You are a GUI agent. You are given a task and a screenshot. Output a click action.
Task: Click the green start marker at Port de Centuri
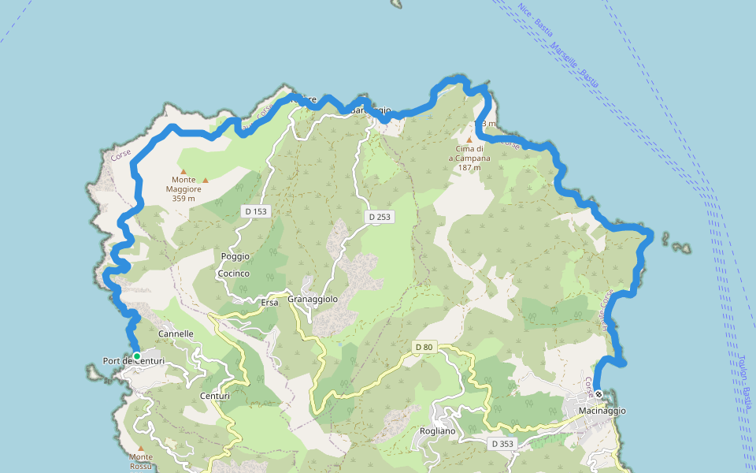tap(136, 356)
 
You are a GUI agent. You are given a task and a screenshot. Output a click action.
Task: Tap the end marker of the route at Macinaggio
tap(598, 394)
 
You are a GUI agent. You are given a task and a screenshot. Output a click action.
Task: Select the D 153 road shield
tap(256, 211)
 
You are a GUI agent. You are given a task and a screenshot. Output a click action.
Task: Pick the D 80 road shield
tap(424, 347)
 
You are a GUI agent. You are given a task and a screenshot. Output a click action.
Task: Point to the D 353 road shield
tap(502, 444)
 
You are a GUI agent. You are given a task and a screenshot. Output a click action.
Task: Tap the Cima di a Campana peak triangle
tap(469, 140)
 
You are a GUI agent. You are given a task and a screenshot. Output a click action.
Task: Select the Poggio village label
tap(235, 256)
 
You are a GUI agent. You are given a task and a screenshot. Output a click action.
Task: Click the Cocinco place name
tap(233, 274)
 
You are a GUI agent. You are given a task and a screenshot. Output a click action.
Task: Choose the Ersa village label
tap(269, 302)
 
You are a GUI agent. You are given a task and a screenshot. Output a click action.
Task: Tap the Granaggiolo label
tap(313, 300)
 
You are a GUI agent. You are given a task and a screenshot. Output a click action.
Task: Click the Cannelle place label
tap(176, 334)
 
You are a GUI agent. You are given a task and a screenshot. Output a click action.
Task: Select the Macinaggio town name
tap(602, 411)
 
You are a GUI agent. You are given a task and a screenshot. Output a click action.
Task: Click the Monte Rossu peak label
tap(141, 461)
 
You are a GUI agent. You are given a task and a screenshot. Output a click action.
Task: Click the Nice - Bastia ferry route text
tap(535, 20)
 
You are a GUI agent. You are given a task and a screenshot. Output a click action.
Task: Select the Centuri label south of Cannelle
tap(215, 396)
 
